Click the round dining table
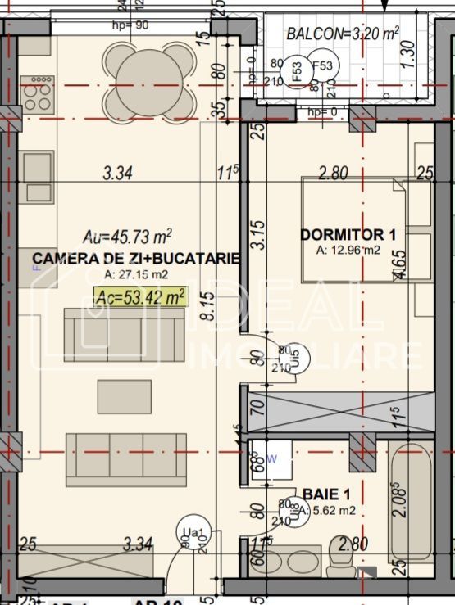point(149,79)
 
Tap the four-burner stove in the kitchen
point(37,93)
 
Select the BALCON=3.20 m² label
point(342,34)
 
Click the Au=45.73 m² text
point(128,237)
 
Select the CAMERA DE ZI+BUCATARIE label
point(136,259)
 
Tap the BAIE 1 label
point(326,494)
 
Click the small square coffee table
point(124,397)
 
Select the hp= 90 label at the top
point(130,25)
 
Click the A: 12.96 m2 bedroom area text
point(348,250)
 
